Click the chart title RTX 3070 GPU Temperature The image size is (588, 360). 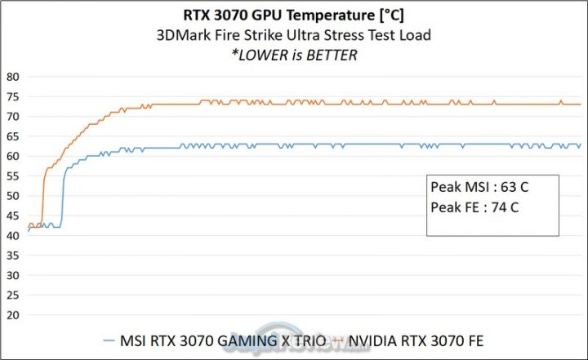click(293, 16)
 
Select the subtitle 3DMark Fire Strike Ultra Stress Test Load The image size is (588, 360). click(293, 35)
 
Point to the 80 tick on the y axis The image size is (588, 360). click(12, 77)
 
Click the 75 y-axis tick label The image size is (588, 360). click(12, 96)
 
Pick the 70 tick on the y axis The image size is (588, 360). click(12, 117)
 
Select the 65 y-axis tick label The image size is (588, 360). click(12, 136)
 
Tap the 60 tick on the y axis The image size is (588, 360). click(12, 156)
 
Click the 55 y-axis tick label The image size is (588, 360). click(12, 176)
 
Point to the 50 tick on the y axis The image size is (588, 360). click(12, 196)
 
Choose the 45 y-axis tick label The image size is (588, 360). click(12, 216)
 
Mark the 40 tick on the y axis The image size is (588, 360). click(12, 235)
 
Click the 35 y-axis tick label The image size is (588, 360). click(12, 256)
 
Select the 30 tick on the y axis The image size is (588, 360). click(12, 275)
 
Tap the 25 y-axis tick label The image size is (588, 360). click(12, 295)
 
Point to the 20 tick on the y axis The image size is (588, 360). click(12, 315)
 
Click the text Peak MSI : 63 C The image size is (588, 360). click(479, 188)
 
